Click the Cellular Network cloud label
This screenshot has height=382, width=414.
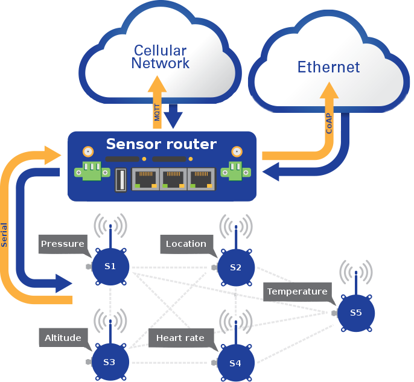161,57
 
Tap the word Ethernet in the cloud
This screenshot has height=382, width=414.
328,66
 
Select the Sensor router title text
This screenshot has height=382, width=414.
161,144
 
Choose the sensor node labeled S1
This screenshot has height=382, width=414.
110,266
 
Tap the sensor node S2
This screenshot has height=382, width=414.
235,267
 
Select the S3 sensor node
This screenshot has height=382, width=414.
109,362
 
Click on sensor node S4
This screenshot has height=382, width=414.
235,363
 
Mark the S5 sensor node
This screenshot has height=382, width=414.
355,313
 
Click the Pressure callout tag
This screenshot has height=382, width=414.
63,244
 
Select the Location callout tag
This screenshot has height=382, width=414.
186,244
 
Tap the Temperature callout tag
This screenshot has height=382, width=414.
297,291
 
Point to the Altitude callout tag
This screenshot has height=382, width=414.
63,338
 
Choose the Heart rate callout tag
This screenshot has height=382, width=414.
180,338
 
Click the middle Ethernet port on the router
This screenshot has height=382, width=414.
173,179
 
